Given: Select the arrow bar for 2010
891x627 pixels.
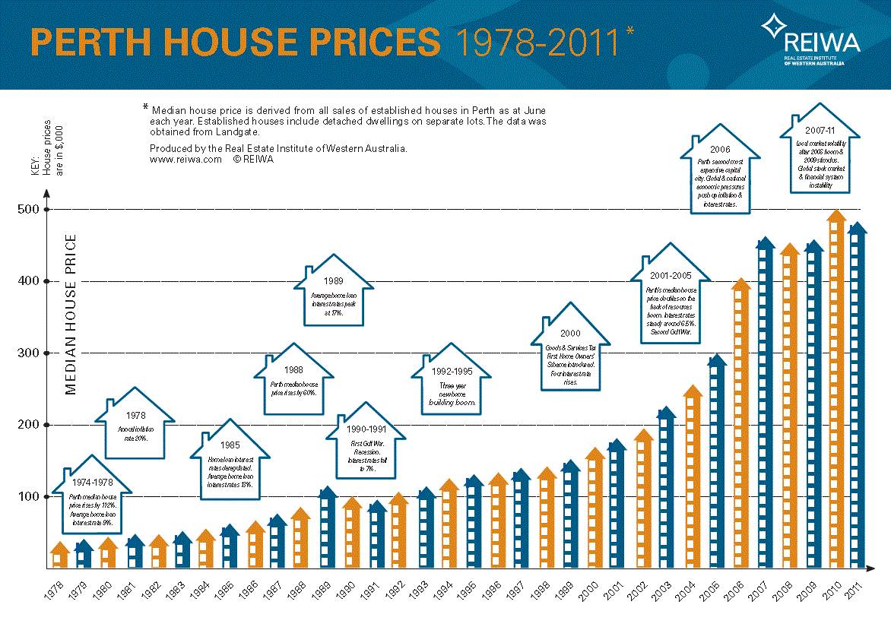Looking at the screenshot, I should [x=836, y=391].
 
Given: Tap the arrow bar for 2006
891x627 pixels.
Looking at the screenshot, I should [x=740, y=426].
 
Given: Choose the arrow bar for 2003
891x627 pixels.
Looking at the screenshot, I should [x=667, y=490].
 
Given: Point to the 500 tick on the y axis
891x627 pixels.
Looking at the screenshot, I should [x=47, y=210].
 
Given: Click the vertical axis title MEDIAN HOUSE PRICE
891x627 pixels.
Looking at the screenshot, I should [x=71, y=315].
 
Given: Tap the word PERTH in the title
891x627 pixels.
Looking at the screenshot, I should [x=81, y=43].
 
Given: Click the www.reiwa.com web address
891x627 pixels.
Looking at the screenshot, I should [x=185, y=160].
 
